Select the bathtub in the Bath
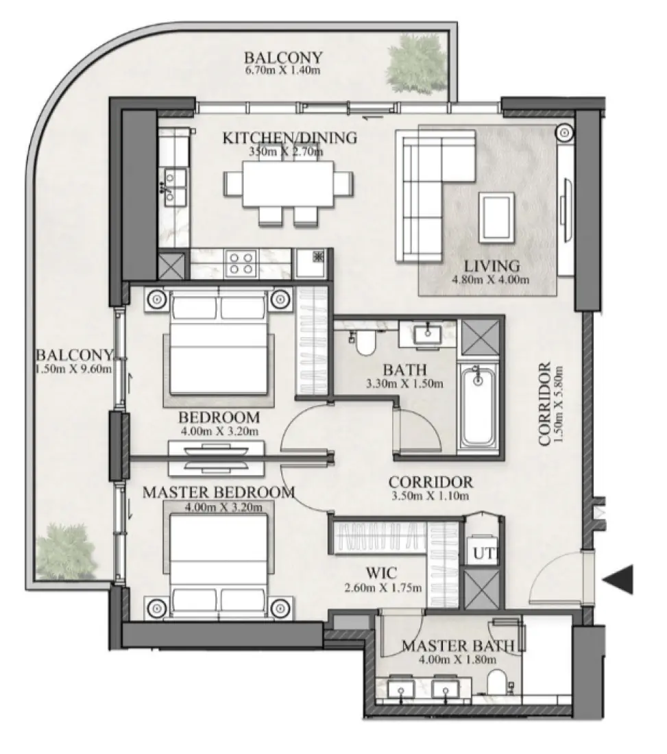tap(478, 406)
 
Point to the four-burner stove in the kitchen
tap(241, 263)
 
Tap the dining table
tap(289, 184)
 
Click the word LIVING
tap(492, 266)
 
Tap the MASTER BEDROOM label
tap(219, 492)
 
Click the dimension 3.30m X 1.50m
tap(404, 383)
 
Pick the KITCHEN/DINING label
tap(289, 138)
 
